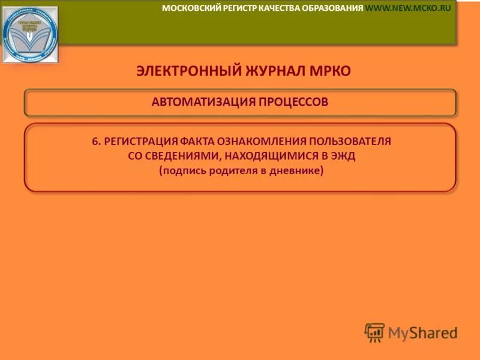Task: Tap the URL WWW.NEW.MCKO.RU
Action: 408,8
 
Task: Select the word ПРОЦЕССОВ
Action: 293,101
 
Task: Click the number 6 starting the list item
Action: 95,142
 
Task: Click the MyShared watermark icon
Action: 374,332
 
